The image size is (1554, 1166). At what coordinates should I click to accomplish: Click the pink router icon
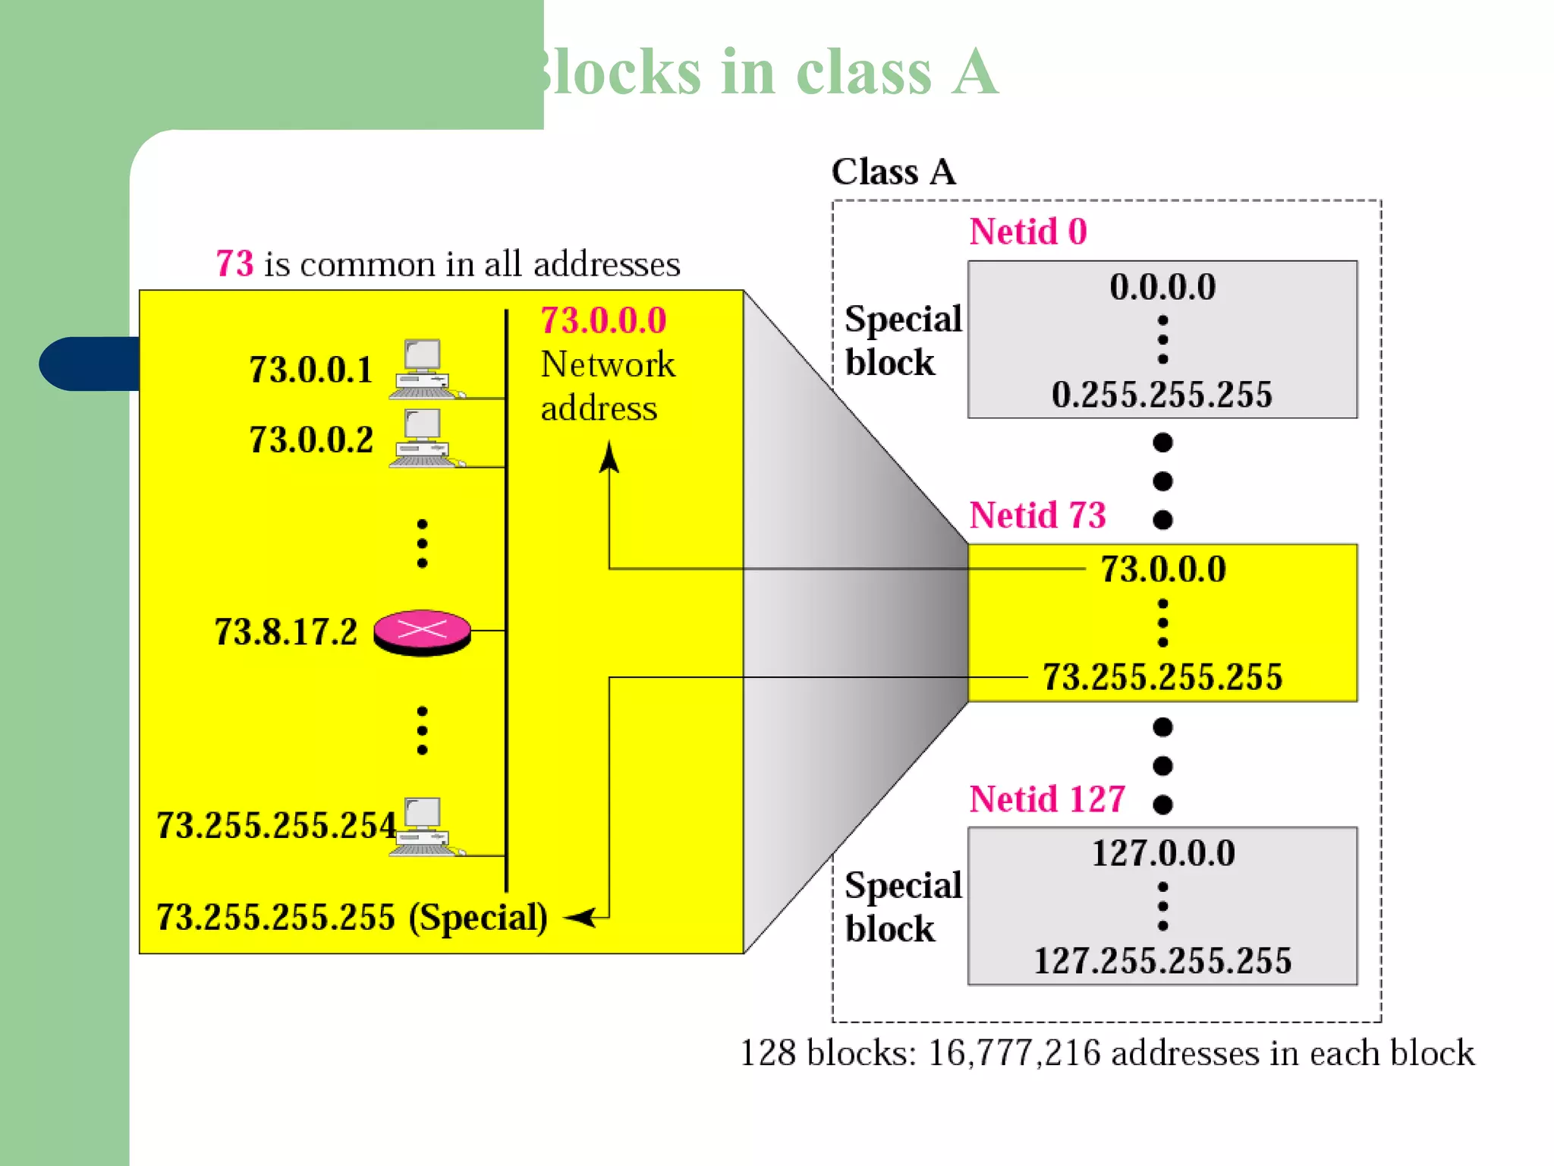click(x=422, y=632)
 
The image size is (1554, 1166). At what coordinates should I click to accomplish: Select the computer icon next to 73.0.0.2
click(x=423, y=439)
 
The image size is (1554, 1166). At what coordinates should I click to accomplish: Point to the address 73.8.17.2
click(x=285, y=632)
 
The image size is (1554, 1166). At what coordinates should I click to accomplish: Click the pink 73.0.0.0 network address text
click(x=603, y=320)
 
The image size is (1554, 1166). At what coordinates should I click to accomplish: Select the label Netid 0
click(x=1028, y=232)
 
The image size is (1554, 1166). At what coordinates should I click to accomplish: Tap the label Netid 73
click(x=1037, y=515)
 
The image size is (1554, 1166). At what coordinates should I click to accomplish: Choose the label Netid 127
click(x=1047, y=799)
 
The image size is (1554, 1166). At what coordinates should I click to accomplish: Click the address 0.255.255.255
click(x=1162, y=395)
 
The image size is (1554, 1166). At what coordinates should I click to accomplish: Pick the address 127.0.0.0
click(x=1163, y=853)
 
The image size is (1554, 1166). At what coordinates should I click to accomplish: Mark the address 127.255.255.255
click(x=1162, y=961)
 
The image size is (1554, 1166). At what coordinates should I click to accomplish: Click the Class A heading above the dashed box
click(x=893, y=172)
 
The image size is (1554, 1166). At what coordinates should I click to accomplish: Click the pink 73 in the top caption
click(x=234, y=264)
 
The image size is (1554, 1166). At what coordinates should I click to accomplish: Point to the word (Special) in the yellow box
click(x=478, y=918)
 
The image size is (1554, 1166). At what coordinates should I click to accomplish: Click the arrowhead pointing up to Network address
click(x=609, y=458)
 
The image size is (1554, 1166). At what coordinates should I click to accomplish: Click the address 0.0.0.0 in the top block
click(x=1162, y=287)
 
